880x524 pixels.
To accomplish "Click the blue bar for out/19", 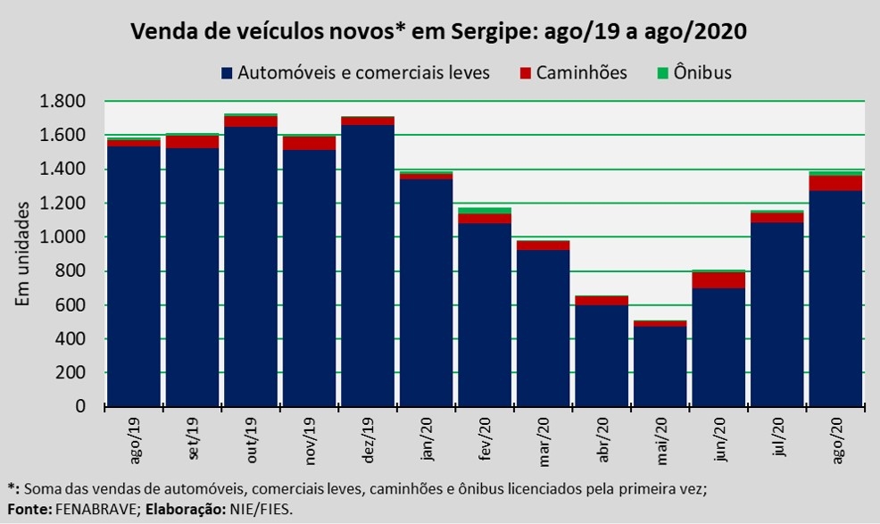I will [250, 268].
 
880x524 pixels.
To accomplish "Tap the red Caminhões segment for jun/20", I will [718, 279].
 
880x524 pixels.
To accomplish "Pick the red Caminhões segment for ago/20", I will [835, 183].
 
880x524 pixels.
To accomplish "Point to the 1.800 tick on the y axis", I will [62, 101].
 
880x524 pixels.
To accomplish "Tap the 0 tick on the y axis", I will [79, 407].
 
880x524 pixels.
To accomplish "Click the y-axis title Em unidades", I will [23, 254].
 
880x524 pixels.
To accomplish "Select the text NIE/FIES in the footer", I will [262, 508].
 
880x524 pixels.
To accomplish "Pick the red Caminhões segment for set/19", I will [192, 141].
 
